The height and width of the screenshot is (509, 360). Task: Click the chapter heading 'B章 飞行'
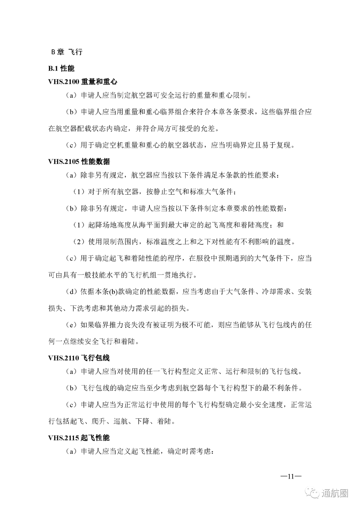[x=66, y=52]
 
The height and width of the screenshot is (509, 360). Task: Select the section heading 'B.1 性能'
[x=61, y=68]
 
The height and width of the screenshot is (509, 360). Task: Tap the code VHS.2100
[x=64, y=82]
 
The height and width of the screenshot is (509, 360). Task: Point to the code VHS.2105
[x=64, y=162]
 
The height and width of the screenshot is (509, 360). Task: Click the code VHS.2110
[x=64, y=358]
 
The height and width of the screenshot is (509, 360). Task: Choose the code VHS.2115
[x=64, y=438]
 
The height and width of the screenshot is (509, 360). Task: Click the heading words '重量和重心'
[x=99, y=82]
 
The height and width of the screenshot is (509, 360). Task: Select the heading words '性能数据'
[x=95, y=162]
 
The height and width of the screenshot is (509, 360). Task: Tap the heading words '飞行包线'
[x=95, y=358]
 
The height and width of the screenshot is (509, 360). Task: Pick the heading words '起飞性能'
[x=95, y=438]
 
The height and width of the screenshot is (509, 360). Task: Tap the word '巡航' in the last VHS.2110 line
[x=121, y=421]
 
